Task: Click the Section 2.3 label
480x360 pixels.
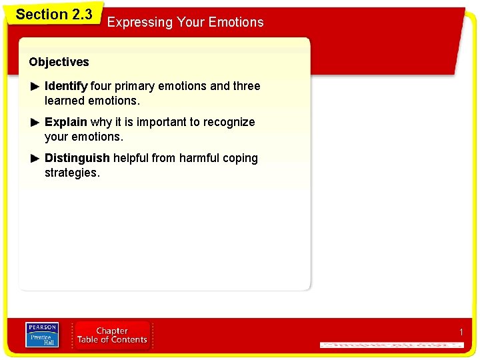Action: pyautogui.click(x=53, y=14)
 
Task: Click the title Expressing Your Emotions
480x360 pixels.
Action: pyautogui.click(x=185, y=22)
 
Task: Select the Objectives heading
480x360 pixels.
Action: pyautogui.click(x=59, y=62)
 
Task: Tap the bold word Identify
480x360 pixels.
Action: pyautogui.click(x=66, y=86)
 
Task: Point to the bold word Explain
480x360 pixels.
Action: pyautogui.click(x=65, y=122)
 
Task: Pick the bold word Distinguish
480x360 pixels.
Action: pyautogui.click(x=77, y=158)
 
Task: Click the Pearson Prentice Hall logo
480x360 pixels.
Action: pyautogui.click(x=42, y=335)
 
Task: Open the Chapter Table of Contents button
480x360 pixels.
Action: pyautogui.click(x=112, y=335)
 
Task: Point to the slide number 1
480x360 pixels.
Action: pyautogui.click(x=460, y=332)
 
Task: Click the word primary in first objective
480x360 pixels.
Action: pyautogui.click(x=135, y=86)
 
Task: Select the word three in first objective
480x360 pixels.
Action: pyautogui.click(x=246, y=86)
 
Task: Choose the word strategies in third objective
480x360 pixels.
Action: pyautogui.click(x=71, y=173)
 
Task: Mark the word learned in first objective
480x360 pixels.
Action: pyautogui.click(x=65, y=101)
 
